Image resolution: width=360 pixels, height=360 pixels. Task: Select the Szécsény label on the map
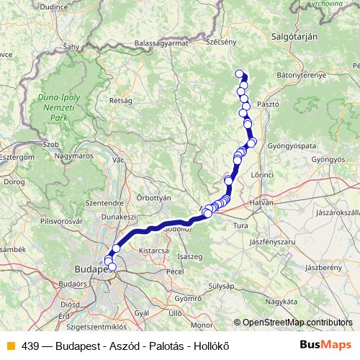221,42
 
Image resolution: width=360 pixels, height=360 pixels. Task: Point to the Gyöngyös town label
328,158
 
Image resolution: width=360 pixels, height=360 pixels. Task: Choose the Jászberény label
325,267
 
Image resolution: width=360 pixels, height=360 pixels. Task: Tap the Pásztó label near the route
267,104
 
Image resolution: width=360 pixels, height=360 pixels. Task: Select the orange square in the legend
9,346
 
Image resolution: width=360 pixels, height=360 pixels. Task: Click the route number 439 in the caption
30,346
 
